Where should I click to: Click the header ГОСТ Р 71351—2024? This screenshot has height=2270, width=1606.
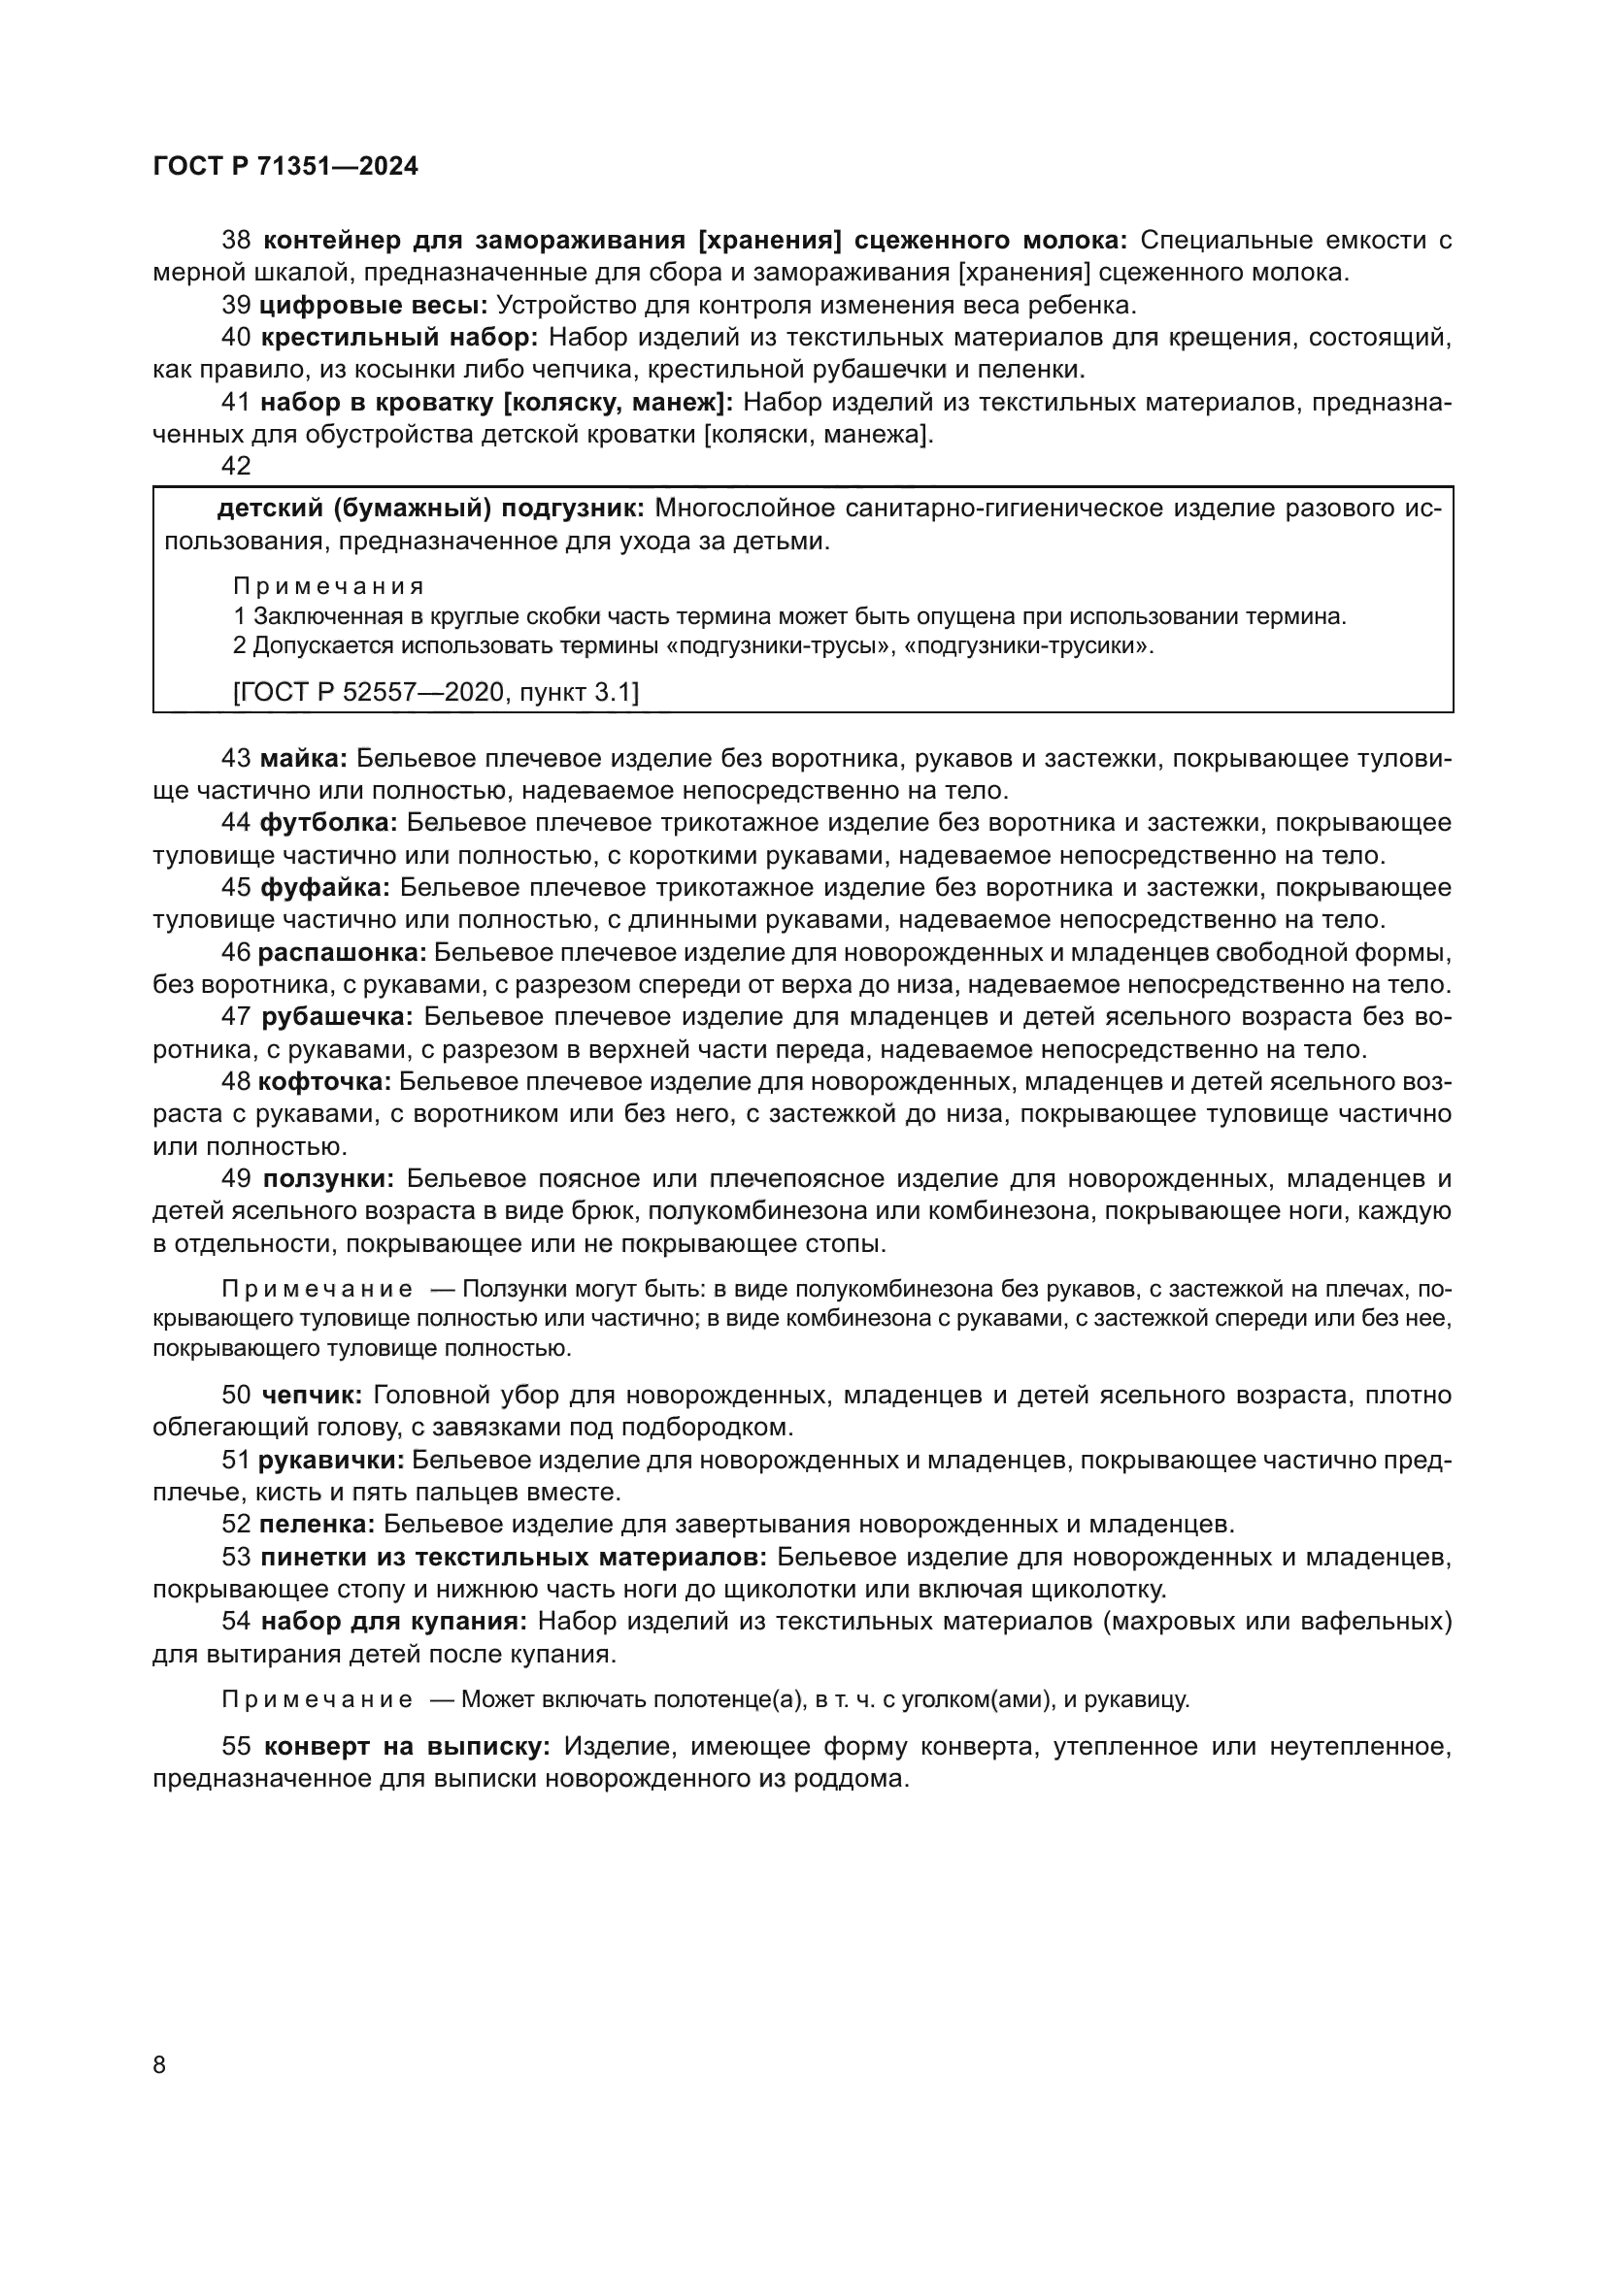[285, 167]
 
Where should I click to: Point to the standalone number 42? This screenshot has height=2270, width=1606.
[236, 466]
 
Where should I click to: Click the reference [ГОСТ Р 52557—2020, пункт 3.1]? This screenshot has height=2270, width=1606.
[436, 692]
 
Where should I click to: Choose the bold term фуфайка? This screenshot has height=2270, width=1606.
[325, 888]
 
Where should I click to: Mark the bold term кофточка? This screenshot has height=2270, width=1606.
[325, 1081]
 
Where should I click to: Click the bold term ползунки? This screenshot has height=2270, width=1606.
[328, 1178]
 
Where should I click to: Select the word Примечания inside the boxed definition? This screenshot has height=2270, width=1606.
[328, 586]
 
